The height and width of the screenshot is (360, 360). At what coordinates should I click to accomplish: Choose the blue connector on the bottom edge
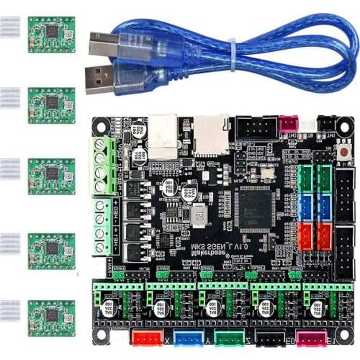(186, 338)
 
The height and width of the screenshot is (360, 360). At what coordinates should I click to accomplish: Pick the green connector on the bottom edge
(229, 338)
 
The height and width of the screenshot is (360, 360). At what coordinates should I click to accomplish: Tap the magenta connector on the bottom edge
(311, 338)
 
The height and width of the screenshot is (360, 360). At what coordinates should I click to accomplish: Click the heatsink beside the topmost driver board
(10, 28)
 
